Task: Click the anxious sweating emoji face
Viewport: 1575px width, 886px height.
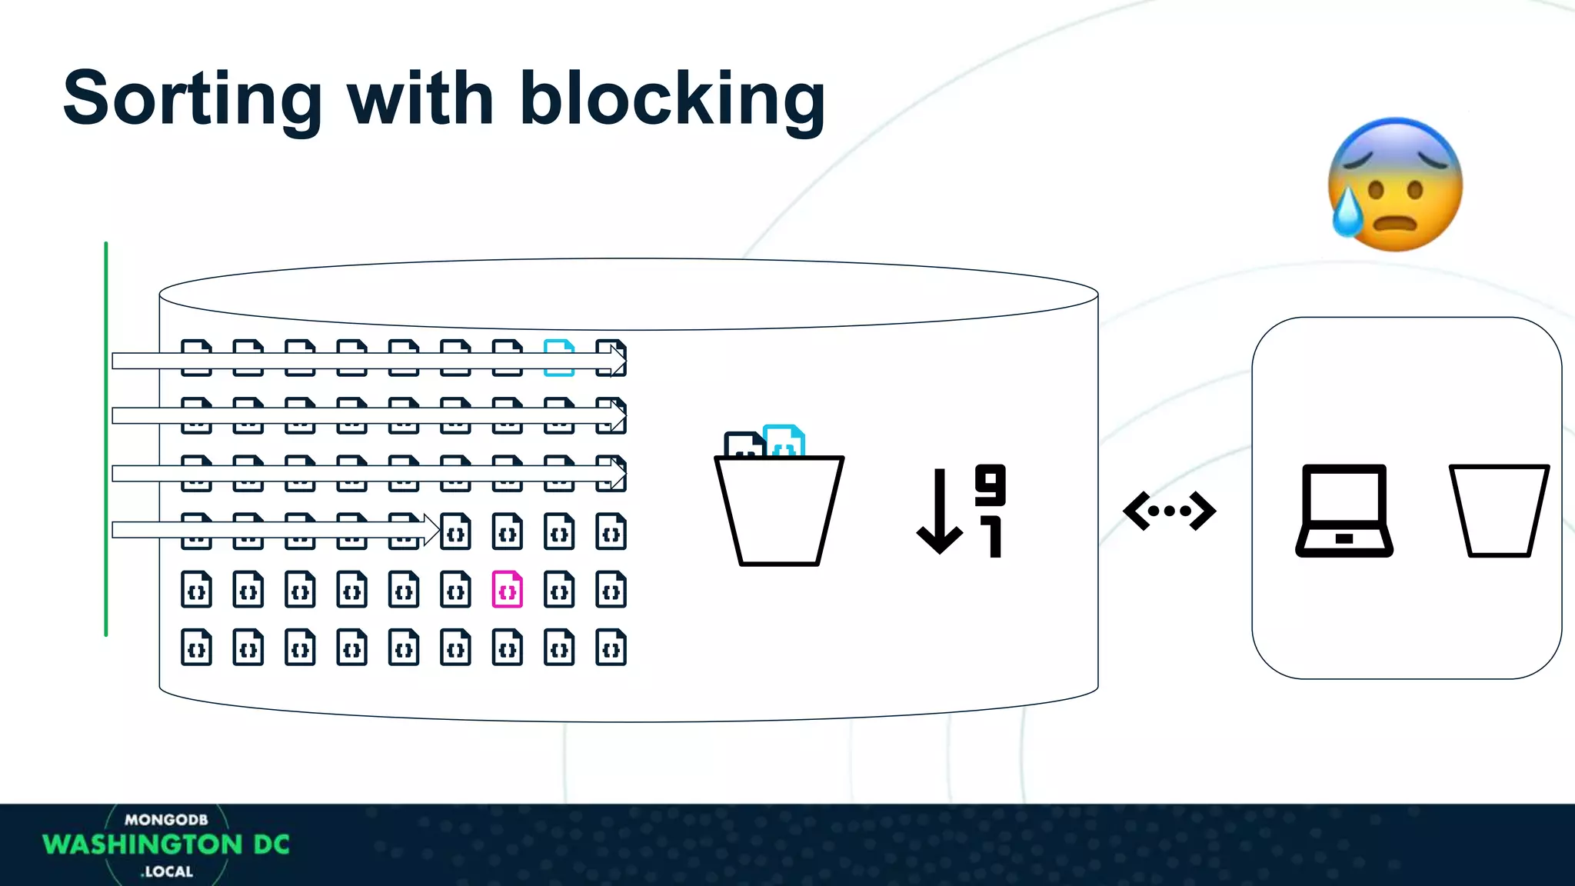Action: coord(1395,185)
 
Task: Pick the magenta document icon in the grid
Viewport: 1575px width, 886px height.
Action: coord(507,590)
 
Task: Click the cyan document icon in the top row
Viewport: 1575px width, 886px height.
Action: coord(559,358)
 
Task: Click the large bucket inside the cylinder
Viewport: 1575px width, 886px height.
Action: coord(778,511)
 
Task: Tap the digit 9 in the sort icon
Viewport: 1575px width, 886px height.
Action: coord(990,485)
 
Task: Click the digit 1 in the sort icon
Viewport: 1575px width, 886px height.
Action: coord(993,537)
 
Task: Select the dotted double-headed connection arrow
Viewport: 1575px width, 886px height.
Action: coord(1169,511)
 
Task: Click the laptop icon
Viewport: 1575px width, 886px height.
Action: coord(1344,511)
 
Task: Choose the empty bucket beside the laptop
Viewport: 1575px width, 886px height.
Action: coord(1498,511)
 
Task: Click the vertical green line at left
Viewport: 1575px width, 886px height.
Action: coord(106,438)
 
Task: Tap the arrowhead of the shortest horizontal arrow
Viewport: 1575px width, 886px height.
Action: coord(431,530)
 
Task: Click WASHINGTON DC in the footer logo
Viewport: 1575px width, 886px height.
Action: coord(166,844)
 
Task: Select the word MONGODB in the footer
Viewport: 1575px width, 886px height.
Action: coord(166,820)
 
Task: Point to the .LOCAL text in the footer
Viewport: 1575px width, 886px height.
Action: coord(167,871)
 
